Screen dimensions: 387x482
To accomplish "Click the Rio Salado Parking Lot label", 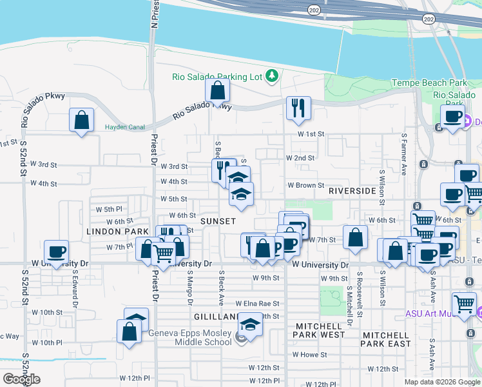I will [x=217, y=77].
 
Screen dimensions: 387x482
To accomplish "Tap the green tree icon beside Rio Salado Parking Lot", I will [x=272, y=77].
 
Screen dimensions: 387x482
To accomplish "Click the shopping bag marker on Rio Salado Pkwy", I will [x=218, y=91].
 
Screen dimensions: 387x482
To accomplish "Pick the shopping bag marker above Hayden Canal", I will [x=82, y=119].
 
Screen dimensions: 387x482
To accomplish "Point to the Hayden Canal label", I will [x=125, y=127].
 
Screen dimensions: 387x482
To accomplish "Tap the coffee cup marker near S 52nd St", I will [x=57, y=252].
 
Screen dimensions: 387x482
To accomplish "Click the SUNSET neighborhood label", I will [x=218, y=221].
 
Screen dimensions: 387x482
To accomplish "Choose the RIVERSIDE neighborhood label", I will [x=352, y=191].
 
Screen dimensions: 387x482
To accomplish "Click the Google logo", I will [x=22, y=379].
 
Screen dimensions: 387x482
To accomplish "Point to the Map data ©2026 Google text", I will [x=443, y=382].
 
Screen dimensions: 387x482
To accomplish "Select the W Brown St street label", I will [x=305, y=185].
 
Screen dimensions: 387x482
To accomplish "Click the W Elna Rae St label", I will [x=257, y=303].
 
